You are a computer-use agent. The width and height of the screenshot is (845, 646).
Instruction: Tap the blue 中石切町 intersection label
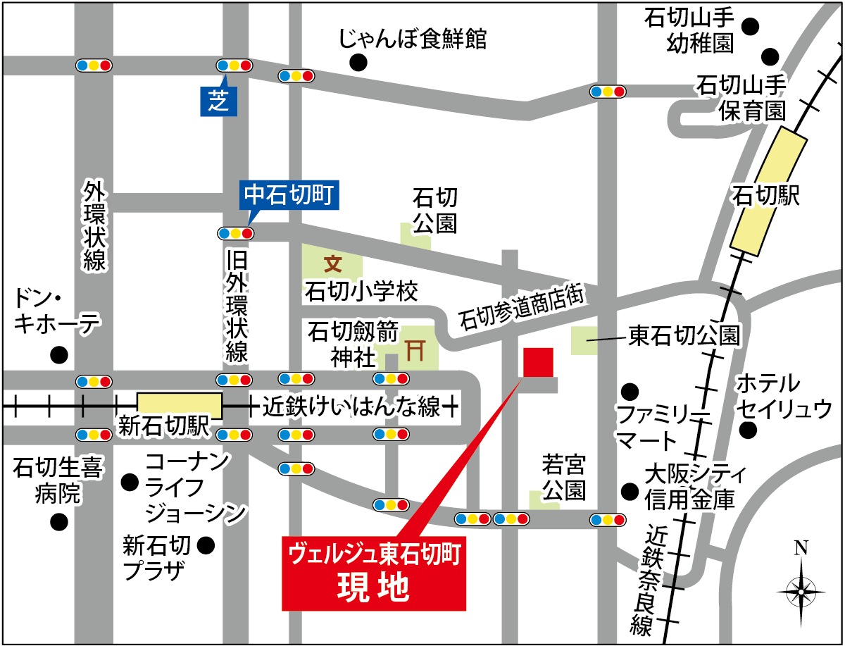click(x=292, y=194)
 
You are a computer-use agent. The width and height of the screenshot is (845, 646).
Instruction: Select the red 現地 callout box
click(x=374, y=573)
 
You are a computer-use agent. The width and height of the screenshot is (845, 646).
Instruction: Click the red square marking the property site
click(x=538, y=363)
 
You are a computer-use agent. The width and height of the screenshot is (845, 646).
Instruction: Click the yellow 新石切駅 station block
click(x=180, y=404)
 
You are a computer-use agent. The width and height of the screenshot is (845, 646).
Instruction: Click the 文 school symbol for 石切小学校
click(x=332, y=264)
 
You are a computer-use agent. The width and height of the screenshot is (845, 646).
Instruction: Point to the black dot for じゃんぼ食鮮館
click(x=359, y=63)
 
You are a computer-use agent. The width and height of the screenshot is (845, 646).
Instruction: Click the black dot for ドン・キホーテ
click(x=59, y=354)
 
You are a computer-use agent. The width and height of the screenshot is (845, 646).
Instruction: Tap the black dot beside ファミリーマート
click(x=628, y=390)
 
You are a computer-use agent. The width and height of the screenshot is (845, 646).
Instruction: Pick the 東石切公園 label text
click(x=683, y=335)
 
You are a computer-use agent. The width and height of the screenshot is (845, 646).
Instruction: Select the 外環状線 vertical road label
click(x=94, y=225)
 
